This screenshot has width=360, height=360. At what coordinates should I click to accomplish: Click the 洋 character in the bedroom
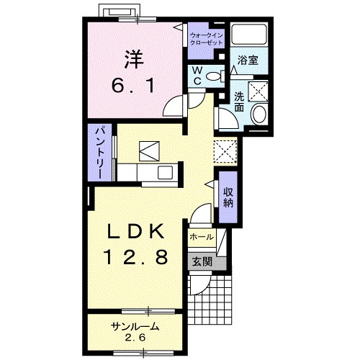134,59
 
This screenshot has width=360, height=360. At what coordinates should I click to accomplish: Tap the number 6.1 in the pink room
132,86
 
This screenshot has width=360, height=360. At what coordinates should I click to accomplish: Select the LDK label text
135,231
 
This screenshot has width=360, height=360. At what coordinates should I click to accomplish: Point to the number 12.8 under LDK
135,256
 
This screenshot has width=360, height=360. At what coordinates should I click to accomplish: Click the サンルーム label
135,326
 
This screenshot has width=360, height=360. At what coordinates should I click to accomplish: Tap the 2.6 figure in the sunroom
135,338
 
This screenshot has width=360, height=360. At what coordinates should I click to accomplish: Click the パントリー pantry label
100,153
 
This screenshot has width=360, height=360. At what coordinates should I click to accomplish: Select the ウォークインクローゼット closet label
207,39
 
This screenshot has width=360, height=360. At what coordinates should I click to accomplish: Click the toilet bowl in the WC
215,76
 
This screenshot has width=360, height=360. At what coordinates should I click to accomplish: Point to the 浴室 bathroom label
248,60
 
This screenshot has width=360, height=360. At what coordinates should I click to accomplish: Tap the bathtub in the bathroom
249,34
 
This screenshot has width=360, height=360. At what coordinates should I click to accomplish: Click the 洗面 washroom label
239,102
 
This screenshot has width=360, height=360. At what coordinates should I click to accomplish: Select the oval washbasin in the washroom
258,114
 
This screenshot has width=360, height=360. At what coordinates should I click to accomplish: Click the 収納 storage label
228,197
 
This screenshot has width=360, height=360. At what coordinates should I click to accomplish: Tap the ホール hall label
201,237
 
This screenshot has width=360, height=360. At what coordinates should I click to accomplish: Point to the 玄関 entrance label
202,261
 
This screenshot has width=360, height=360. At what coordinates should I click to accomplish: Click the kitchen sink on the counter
165,172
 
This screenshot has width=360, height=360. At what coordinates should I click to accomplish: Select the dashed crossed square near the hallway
225,152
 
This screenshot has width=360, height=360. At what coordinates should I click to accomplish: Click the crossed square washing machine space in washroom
258,91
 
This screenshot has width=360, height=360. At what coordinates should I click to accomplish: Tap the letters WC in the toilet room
197,76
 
